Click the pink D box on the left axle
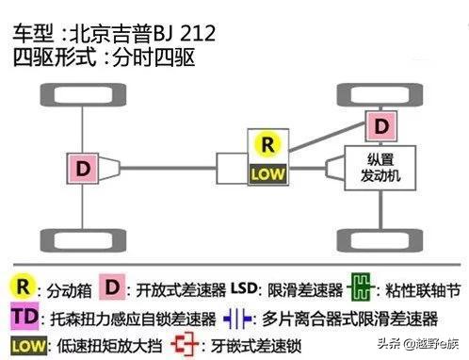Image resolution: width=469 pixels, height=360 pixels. [x=84, y=169]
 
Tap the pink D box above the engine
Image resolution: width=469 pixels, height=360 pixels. [x=380, y=124]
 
